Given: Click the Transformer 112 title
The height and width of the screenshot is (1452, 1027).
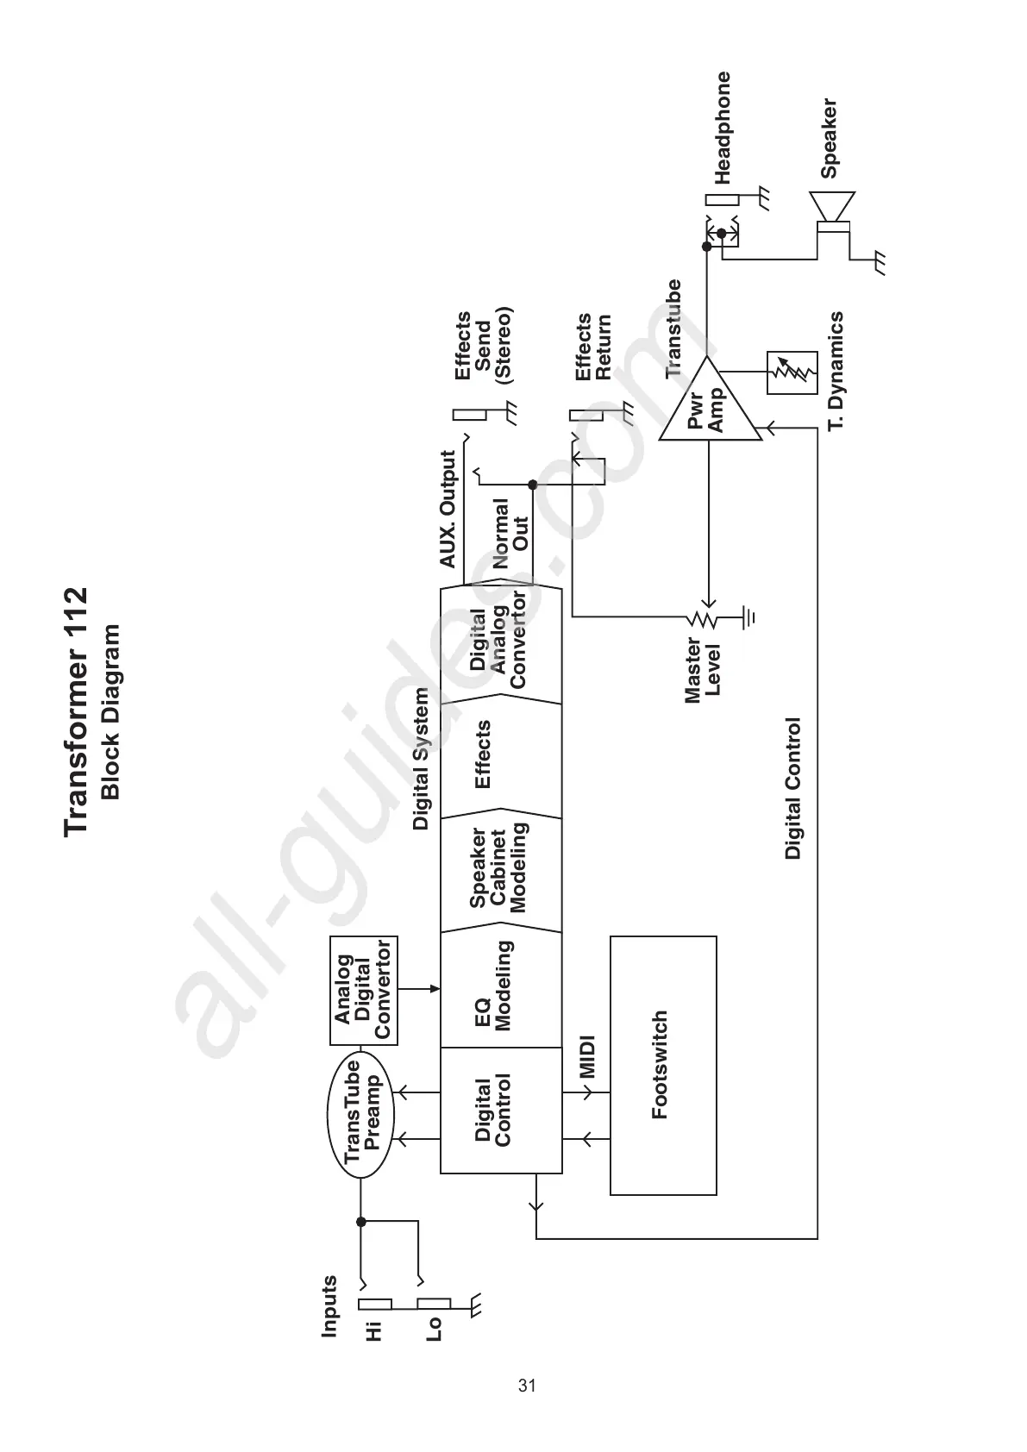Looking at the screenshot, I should click(76, 710).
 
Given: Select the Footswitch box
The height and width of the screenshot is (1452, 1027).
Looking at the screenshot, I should click(663, 1065).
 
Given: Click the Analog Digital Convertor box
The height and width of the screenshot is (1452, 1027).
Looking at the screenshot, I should click(363, 990).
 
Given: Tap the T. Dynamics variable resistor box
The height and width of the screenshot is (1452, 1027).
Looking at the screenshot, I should click(792, 372).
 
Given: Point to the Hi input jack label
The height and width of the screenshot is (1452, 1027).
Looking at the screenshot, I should click(373, 1331).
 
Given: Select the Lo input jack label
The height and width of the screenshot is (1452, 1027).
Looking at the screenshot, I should click(434, 1329).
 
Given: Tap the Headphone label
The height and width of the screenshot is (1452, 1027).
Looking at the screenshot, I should click(723, 128).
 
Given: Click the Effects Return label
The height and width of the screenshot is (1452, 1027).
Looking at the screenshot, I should click(593, 347).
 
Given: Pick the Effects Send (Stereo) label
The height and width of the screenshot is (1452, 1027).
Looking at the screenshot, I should click(484, 346).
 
